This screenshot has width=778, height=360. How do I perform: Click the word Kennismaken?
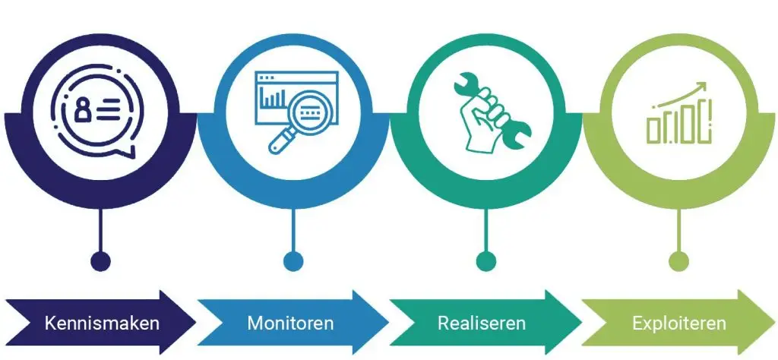(102, 323)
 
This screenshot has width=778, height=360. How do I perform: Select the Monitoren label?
(290, 323)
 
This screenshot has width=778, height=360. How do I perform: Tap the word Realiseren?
(482, 323)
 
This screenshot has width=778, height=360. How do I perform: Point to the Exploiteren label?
(679, 323)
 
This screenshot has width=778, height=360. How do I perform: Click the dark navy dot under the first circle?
(101, 261)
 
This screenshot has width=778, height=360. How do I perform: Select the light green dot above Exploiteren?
(678, 261)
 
